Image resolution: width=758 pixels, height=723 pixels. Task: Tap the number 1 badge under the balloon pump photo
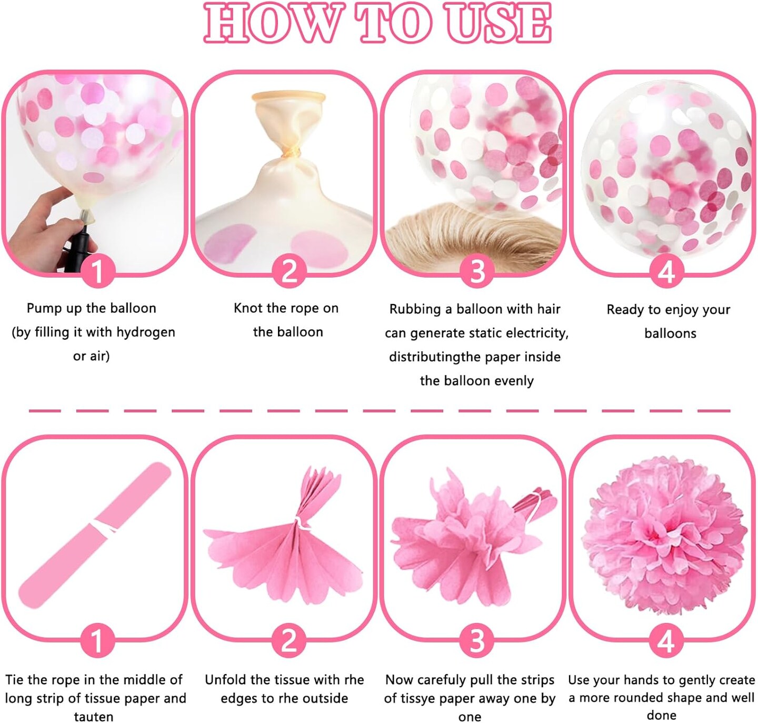[97, 271]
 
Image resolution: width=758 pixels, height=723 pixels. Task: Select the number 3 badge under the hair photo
[477, 271]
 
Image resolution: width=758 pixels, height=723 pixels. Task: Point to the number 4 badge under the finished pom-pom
[666, 641]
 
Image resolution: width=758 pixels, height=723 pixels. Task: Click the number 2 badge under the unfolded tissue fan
[289, 641]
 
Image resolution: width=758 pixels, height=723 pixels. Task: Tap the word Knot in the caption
[248, 308]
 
